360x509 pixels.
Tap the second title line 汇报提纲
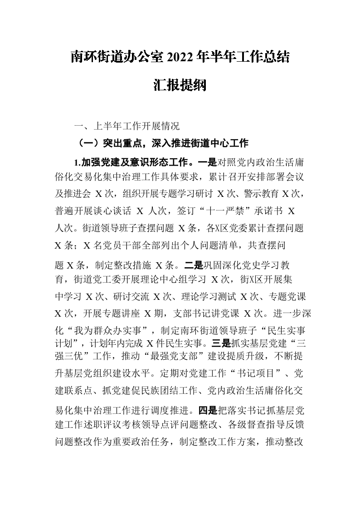point(180,85)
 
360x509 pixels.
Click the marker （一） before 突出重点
point(88,144)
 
